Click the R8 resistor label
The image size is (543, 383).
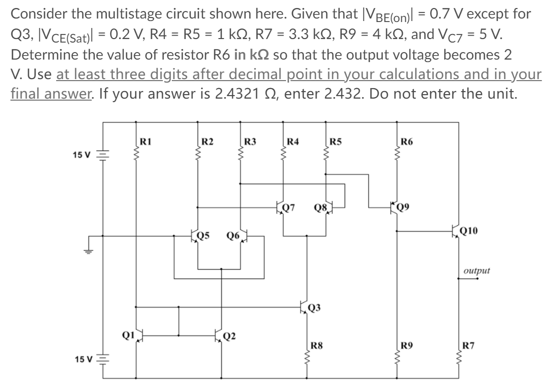[x=317, y=344]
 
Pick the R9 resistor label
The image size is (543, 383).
[x=407, y=344]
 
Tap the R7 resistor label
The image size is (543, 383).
[x=468, y=344]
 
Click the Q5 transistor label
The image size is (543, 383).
[x=203, y=234]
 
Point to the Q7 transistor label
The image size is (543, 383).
[x=289, y=207]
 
